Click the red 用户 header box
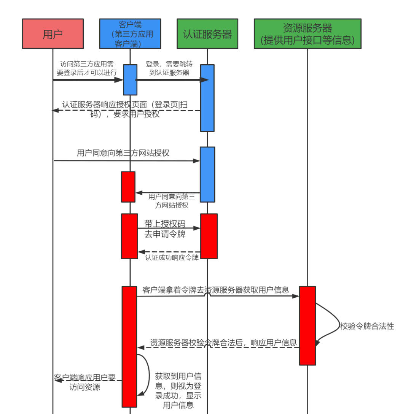pos(53,34)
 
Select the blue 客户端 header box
pos(130,34)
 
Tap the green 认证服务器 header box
pos(207,34)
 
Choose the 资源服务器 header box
pos(307,34)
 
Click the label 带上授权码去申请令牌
pos(165,229)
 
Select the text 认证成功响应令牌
pos(172,258)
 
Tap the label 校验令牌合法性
pos(367,326)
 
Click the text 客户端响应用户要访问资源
pos(85,382)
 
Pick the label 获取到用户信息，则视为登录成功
pos(178,390)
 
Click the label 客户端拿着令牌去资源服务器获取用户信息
pos(216,290)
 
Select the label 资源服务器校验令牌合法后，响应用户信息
pos(223,343)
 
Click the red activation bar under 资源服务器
pos(307,325)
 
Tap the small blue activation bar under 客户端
pos(130,79)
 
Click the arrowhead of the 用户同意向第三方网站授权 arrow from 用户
pos(197,161)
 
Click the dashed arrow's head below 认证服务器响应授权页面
pos(55,111)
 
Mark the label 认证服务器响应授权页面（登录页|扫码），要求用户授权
pos(126,109)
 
